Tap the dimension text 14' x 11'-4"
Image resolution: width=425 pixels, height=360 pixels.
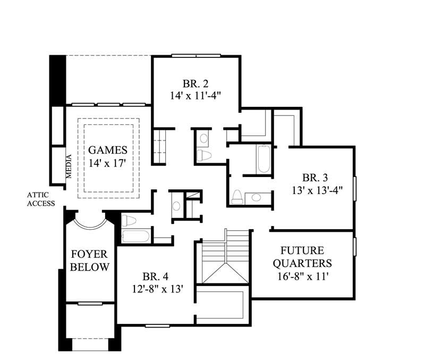(x=195, y=96)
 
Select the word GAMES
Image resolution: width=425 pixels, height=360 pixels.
(x=108, y=150)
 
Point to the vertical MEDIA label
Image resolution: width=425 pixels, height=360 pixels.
(x=69, y=166)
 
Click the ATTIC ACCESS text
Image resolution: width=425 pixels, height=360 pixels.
(x=41, y=199)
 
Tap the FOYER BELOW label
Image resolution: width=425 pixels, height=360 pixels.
(x=90, y=260)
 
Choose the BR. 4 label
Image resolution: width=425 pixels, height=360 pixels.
(x=155, y=277)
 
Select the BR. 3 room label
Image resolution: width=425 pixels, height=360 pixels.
(x=315, y=178)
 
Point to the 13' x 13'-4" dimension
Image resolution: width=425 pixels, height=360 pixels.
(x=315, y=190)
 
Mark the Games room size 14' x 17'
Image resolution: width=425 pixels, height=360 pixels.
(x=108, y=163)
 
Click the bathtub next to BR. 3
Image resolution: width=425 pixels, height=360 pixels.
(x=263, y=159)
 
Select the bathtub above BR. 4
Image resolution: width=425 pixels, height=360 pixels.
(x=135, y=236)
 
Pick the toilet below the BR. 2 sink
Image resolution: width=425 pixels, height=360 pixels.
(x=204, y=156)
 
